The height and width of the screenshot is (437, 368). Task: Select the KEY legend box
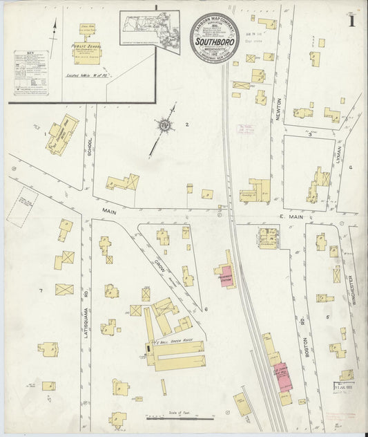point(28,76)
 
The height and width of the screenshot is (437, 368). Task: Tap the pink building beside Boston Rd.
point(282,377)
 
